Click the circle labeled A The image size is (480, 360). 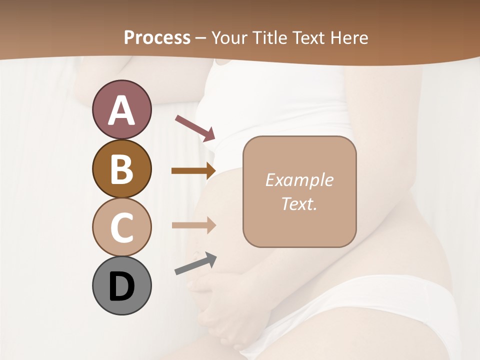click(121, 109)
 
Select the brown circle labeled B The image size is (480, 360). click(121, 168)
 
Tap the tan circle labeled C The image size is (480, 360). click(121, 227)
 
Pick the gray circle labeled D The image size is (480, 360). click(121, 285)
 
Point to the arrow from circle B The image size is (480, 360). click(193, 170)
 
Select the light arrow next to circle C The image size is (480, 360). click(193, 225)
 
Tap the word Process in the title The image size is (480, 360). click(157, 37)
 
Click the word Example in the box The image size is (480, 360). click(299, 180)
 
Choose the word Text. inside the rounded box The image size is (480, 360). click(299, 203)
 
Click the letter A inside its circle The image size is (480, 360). click(121, 110)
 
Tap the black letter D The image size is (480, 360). click(121, 286)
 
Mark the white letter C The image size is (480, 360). click(121, 227)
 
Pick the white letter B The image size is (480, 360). click(121, 169)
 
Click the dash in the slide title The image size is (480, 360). click(201, 38)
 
